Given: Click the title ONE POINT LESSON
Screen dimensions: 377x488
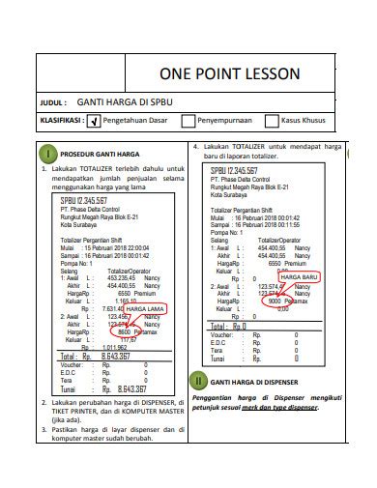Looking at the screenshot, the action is [x=229, y=74].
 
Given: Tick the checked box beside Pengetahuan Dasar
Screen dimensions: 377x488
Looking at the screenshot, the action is [x=94, y=121].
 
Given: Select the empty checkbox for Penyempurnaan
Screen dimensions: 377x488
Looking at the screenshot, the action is [x=188, y=121].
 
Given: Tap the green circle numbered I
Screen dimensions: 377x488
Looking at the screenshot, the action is [x=47, y=155].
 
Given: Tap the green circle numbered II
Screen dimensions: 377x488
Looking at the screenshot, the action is [x=198, y=380].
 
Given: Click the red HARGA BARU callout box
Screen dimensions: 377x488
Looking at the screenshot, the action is [x=297, y=277].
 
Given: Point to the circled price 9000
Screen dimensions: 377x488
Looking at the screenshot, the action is [x=275, y=301].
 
